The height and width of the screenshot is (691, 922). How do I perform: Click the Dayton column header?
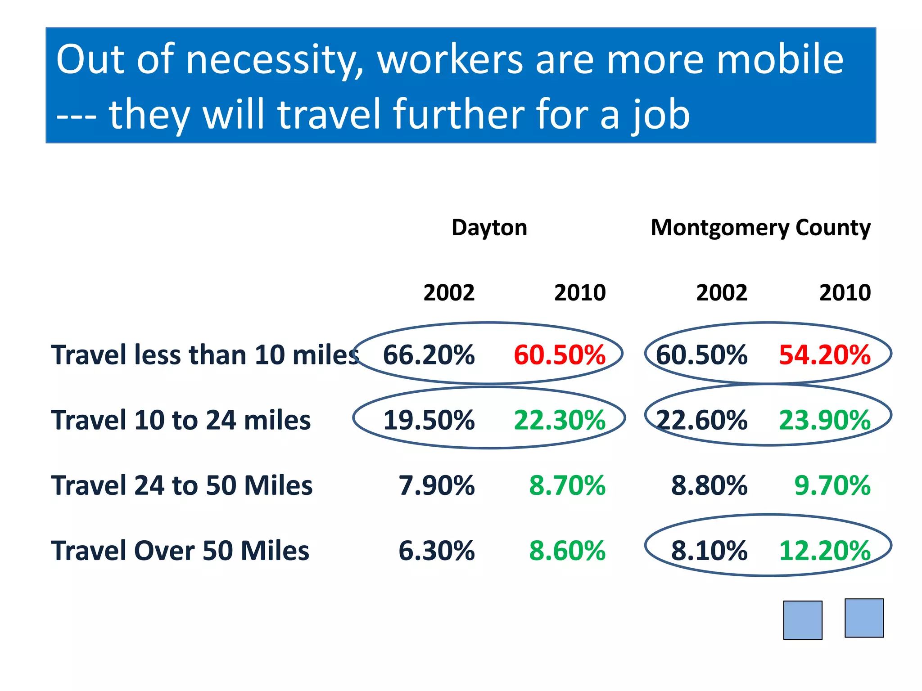tap(489, 228)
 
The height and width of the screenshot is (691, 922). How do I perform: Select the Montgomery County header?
tap(760, 228)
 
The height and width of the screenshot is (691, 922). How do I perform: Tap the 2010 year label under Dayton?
tap(580, 293)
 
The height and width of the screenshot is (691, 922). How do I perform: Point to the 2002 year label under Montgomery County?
tap(722, 293)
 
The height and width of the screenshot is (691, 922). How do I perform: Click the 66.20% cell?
tap(429, 355)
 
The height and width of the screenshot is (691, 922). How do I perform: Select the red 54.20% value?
tap(825, 355)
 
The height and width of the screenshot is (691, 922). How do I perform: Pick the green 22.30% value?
tap(560, 420)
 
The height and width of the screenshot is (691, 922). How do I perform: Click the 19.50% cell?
tap(429, 420)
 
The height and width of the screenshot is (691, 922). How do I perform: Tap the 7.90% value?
tap(436, 485)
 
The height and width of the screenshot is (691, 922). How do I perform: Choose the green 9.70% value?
tap(832, 485)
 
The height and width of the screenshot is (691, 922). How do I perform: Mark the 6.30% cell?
tap(436, 551)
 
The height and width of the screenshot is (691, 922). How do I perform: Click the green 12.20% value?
tap(825, 551)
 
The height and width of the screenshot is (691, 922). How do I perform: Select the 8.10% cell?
tap(709, 551)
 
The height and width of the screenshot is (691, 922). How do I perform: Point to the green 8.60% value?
tap(567, 551)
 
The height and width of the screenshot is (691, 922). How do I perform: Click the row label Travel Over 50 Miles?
tap(180, 551)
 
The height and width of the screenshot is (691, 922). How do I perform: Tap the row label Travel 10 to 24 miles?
tap(181, 420)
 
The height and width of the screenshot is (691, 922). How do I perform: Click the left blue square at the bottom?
tap(803, 620)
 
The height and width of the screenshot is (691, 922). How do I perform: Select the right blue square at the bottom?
tap(864, 618)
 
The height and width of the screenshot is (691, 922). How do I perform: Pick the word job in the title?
tap(660, 115)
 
